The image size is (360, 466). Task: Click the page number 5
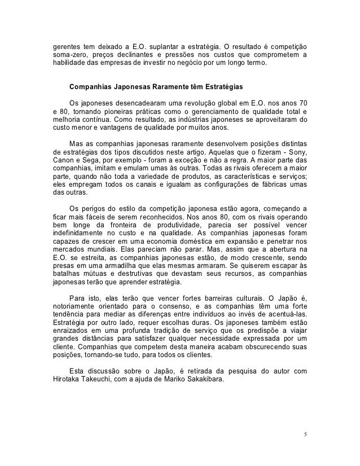click(x=305, y=434)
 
